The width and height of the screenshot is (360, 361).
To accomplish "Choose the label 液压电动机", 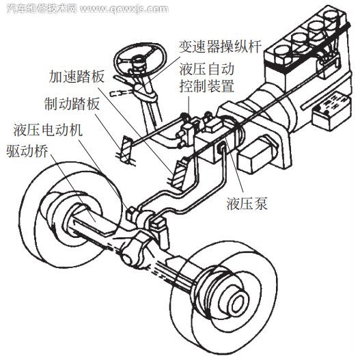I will point(47,131).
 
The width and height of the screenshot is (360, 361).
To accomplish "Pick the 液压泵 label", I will point(245,203).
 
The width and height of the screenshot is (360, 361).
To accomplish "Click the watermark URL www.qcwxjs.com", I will point(126,9).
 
